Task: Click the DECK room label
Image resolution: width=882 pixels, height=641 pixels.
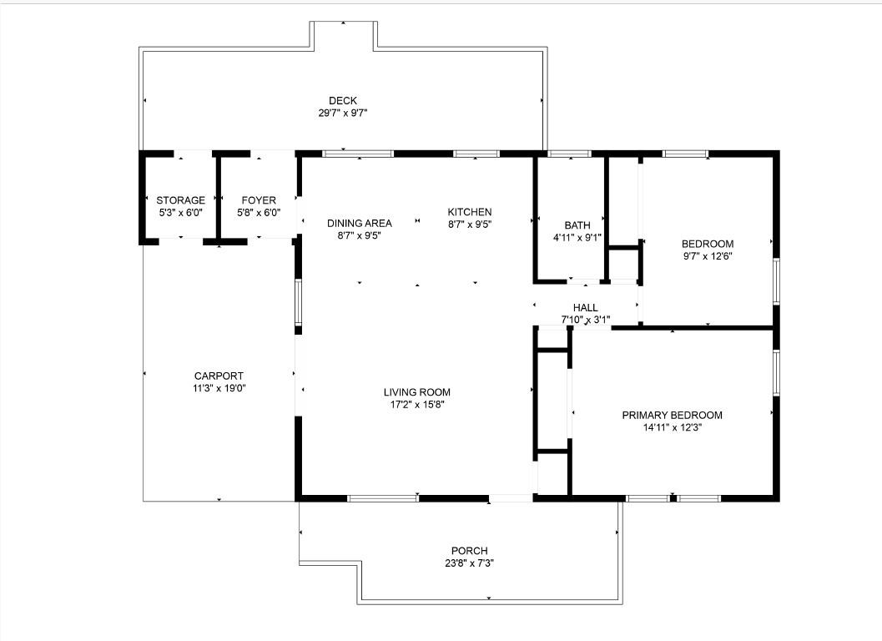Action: point(342,100)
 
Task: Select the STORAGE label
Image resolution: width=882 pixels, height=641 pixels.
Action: point(180,200)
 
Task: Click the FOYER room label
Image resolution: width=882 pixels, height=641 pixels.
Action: point(259,200)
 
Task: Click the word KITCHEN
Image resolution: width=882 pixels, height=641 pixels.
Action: point(470,212)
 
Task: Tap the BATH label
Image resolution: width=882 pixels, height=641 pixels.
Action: point(577,225)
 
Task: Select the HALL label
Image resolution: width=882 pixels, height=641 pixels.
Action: point(585,308)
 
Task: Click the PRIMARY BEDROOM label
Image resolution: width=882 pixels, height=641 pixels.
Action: point(672,415)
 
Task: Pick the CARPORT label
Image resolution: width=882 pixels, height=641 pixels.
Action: point(219,376)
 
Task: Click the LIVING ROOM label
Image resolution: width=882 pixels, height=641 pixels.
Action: point(417,392)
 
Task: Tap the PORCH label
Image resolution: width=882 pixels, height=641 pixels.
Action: point(470,551)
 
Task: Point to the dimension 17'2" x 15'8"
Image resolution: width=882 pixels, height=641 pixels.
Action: point(417,404)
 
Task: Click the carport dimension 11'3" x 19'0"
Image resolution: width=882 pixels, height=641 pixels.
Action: point(219,387)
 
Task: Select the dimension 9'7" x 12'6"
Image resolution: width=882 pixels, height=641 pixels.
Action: point(708,256)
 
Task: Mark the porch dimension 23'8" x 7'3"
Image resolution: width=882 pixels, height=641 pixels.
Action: point(470,563)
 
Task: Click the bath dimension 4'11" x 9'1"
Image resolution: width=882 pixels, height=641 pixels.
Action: point(577,237)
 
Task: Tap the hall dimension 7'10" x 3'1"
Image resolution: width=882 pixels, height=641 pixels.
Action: point(585,320)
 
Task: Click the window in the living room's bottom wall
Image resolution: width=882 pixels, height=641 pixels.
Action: point(383,498)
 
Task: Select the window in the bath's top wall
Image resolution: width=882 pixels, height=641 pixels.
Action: point(569,154)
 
